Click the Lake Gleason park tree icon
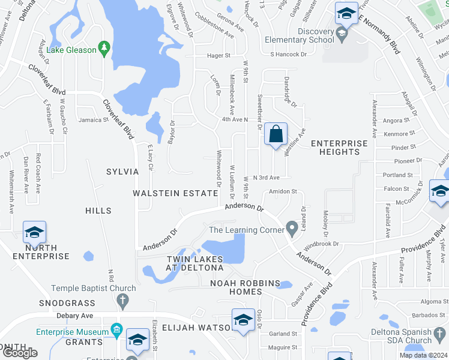pos(104,49)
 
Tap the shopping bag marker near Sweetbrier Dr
pos(276,135)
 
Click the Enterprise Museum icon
pos(116,331)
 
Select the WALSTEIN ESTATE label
pos(175,193)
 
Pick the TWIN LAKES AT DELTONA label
pos(194,263)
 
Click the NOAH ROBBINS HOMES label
pos(245,287)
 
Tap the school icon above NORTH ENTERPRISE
pos(34,232)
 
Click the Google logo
pos(19,352)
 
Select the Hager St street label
pos(218,55)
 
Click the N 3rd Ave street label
pos(267,178)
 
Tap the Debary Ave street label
pos(74,316)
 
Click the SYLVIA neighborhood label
pos(123,172)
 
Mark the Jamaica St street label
pos(92,120)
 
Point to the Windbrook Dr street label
pos(322,245)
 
